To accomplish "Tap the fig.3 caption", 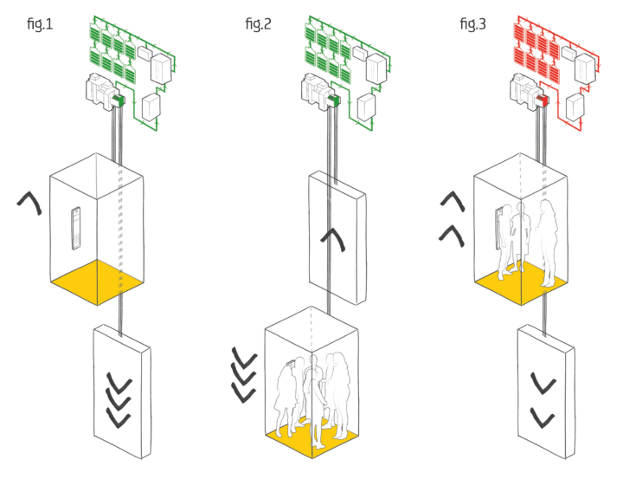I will (472, 24).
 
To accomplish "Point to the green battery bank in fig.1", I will (110, 49).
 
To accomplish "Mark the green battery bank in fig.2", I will (325, 49).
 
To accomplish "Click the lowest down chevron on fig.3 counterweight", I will (543, 420).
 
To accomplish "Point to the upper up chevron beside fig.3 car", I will (452, 202).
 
